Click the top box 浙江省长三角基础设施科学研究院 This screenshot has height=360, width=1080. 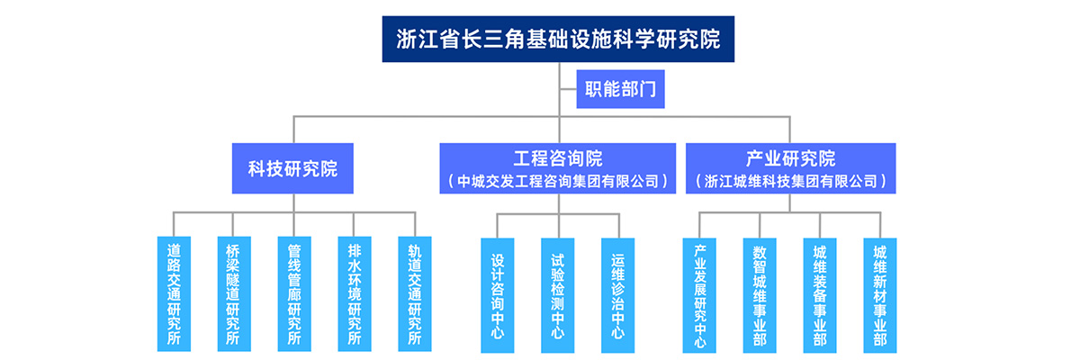coord(558,40)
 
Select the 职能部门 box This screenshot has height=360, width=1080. coord(620,88)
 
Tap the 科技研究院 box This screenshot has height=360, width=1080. coord(292,168)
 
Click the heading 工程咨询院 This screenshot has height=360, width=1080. coord(558,159)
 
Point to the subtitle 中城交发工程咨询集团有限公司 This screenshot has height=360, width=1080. coord(558,181)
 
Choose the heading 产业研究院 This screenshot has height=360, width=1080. coord(790,159)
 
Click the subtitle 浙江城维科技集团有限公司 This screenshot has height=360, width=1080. coord(790,181)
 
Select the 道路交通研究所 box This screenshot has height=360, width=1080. coord(173,293)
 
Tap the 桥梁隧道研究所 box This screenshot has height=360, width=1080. coord(233,293)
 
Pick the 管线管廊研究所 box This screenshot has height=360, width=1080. coord(293,293)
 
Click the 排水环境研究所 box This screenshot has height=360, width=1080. coord(354,293)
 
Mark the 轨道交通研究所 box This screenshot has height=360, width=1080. coord(414,293)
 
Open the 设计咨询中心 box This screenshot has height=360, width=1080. coord(498,293)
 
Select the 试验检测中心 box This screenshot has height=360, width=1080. coord(558,293)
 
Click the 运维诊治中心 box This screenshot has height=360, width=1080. coord(618,293)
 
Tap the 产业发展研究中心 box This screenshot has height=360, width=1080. coord(699,293)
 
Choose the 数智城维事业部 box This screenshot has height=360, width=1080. coord(760,293)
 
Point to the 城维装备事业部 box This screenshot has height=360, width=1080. coord(820,293)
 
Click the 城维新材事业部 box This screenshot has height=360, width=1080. coord(880,293)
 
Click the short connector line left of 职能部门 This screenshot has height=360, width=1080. coord(568,88)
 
